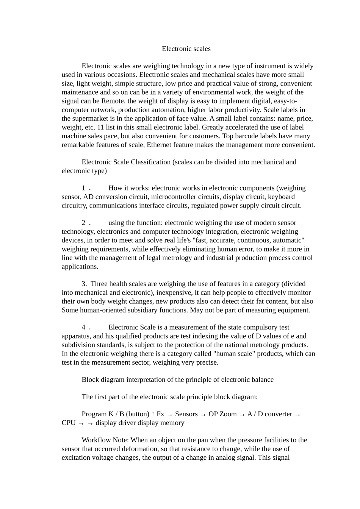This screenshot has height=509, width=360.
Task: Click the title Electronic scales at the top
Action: (186, 49)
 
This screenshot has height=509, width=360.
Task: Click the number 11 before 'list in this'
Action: (100, 127)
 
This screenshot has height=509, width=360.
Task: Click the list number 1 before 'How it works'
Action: (83, 188)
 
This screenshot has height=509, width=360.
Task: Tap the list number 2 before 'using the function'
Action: (83, 223)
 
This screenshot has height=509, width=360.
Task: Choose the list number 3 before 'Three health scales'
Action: (84, 284)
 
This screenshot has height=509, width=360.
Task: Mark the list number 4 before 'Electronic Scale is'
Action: (83, 328)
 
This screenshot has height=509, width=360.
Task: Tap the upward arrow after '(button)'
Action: (153, 414)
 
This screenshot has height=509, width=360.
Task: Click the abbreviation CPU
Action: (69, 423)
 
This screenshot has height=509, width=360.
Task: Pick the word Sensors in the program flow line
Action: (186, 414)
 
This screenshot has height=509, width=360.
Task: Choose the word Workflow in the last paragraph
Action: (95, 440)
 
